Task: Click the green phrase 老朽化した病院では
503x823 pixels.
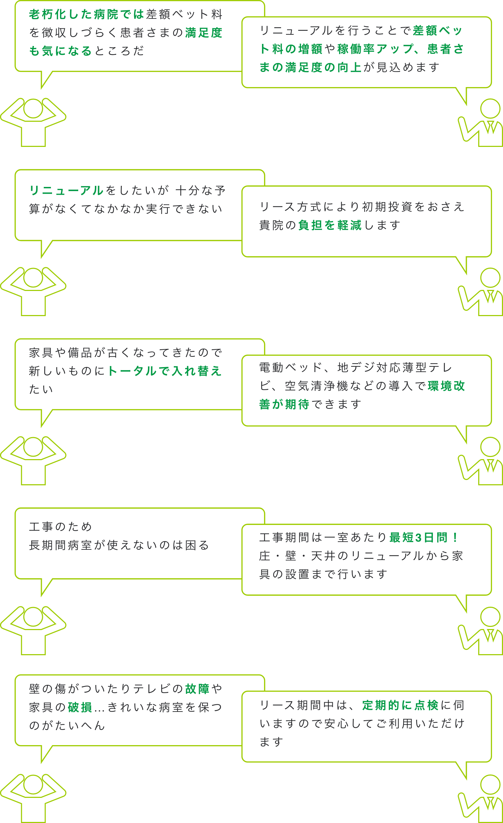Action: [x=86, y=15]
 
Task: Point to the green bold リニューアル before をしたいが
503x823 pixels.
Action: [x=66, y=190]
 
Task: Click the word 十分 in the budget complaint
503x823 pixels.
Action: [x=188, y=190]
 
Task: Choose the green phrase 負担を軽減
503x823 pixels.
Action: [x=330, y=225]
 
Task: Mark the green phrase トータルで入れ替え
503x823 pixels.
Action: [x=165, y=371]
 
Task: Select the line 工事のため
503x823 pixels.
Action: [x=61, y=527]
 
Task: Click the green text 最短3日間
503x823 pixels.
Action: [x=419, y=537]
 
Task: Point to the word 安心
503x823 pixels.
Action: [x=337, y=724]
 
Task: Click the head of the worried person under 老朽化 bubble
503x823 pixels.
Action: [x=33, y=109]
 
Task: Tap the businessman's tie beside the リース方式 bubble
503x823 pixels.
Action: [x=491, y=296]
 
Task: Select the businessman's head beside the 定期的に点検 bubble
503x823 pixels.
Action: [x=490, y=784]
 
